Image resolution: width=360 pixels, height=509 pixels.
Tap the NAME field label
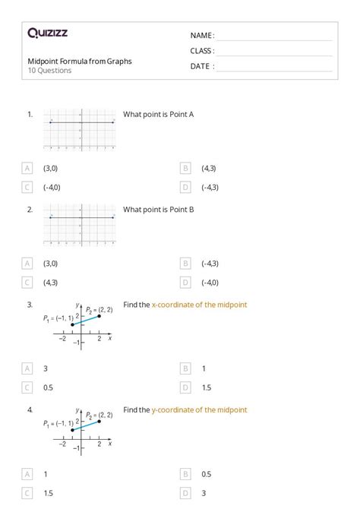tap(202, 36)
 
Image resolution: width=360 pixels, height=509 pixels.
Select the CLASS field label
tap(202, 51)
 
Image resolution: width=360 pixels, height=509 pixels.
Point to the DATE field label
tap(202, 66)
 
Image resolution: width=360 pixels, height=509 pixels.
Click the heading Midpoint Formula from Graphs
tap(80, 62)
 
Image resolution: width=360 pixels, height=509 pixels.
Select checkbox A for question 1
tap(27, 168)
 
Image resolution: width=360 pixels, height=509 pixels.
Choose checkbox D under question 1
tap(185, 187)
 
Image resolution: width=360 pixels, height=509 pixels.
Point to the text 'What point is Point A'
tap(159, 114)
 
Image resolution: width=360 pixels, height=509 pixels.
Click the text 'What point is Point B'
tap(159, 209)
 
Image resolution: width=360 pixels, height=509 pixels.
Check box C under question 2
tap(27, 283)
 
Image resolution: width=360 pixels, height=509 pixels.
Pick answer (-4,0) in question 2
tap(210, 283)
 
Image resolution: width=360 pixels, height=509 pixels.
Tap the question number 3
tap(30, 305)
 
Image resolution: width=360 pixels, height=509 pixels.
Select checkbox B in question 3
tap(185, 368)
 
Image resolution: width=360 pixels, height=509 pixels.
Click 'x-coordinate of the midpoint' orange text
tap(199, 305)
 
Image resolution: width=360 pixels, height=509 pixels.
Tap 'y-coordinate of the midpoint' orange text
tap(199, 410)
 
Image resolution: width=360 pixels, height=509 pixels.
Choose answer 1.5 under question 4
tap(48, 492)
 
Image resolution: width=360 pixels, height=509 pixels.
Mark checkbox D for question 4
tap(185, 492)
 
